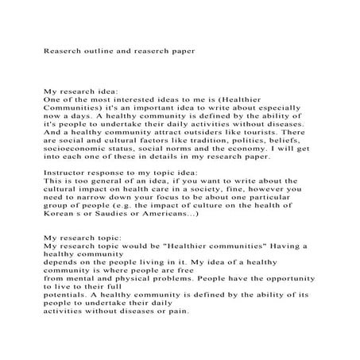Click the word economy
coord(247,154)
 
